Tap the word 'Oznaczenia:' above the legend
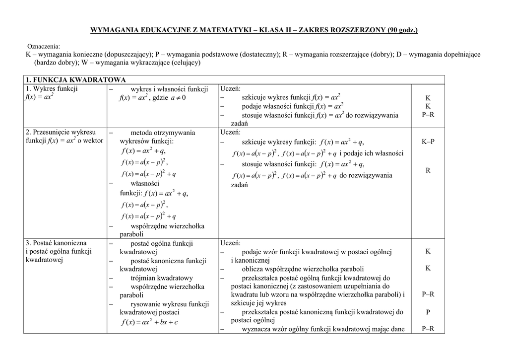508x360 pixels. tap(43, 46)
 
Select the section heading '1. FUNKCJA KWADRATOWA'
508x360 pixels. tap(76, 80)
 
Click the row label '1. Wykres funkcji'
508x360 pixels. tap(52, 89)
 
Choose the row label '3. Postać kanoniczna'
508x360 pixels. tap(56, 243)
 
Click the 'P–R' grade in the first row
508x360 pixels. tap(428, 115)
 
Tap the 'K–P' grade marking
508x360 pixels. tap(428, 142)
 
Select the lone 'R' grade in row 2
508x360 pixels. tap(428, 170)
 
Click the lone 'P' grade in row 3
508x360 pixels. tap(428, 312)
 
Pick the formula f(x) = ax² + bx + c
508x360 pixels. tap(149, 322)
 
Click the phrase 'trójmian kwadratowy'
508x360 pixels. tap(162, 278)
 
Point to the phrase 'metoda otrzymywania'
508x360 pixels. tap(163, 133)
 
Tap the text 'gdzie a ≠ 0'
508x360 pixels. tap(169, 98)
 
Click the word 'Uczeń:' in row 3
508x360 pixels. tap(230, 243)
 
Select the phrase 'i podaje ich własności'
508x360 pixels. tap(371, 153)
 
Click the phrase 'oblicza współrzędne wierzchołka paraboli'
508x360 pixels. tap(303, 269)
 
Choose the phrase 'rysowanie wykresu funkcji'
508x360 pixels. tap(170, 304)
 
